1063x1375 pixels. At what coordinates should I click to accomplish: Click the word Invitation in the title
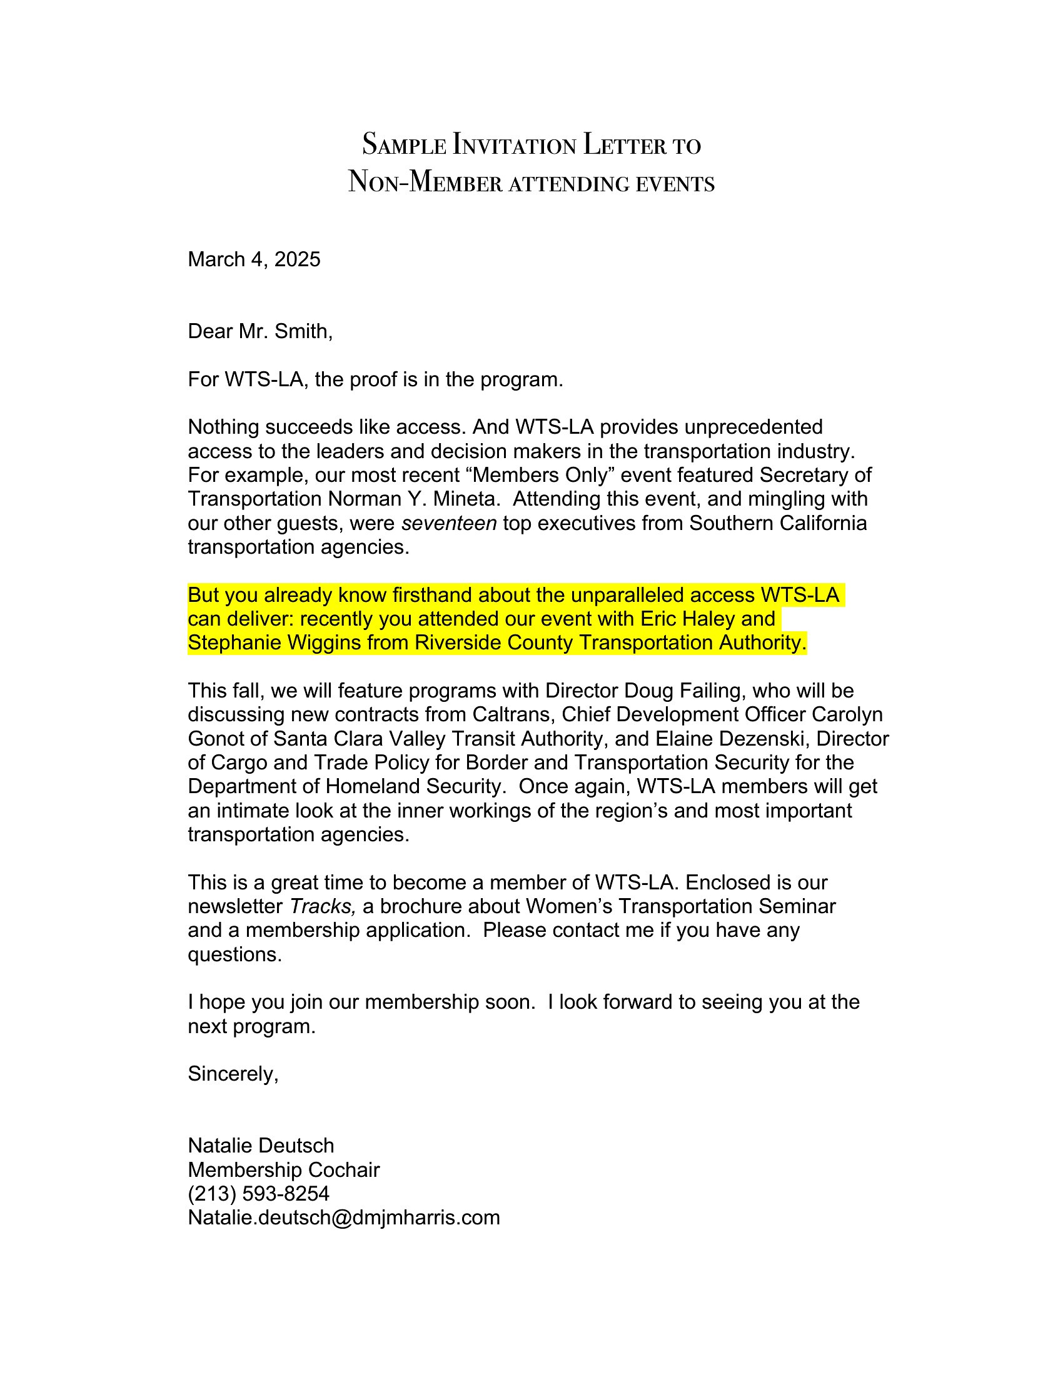pos(514,146)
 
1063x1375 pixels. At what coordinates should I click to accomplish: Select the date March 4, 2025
pos(254,259)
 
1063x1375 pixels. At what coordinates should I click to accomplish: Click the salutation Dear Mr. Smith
pos(259,331)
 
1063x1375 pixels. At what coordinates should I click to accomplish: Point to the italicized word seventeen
pos(449,523)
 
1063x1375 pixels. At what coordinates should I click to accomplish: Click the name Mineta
pos(466,499)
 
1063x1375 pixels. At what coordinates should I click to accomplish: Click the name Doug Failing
pos(673,691)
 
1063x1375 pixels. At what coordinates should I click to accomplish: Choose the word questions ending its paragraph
pos(234,955)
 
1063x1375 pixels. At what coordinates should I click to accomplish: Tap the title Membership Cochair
pos(283,1171)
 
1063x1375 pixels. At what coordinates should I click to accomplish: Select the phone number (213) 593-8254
pos(258,1194)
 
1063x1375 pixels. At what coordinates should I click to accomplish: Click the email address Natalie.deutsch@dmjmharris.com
pos(343,1218)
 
